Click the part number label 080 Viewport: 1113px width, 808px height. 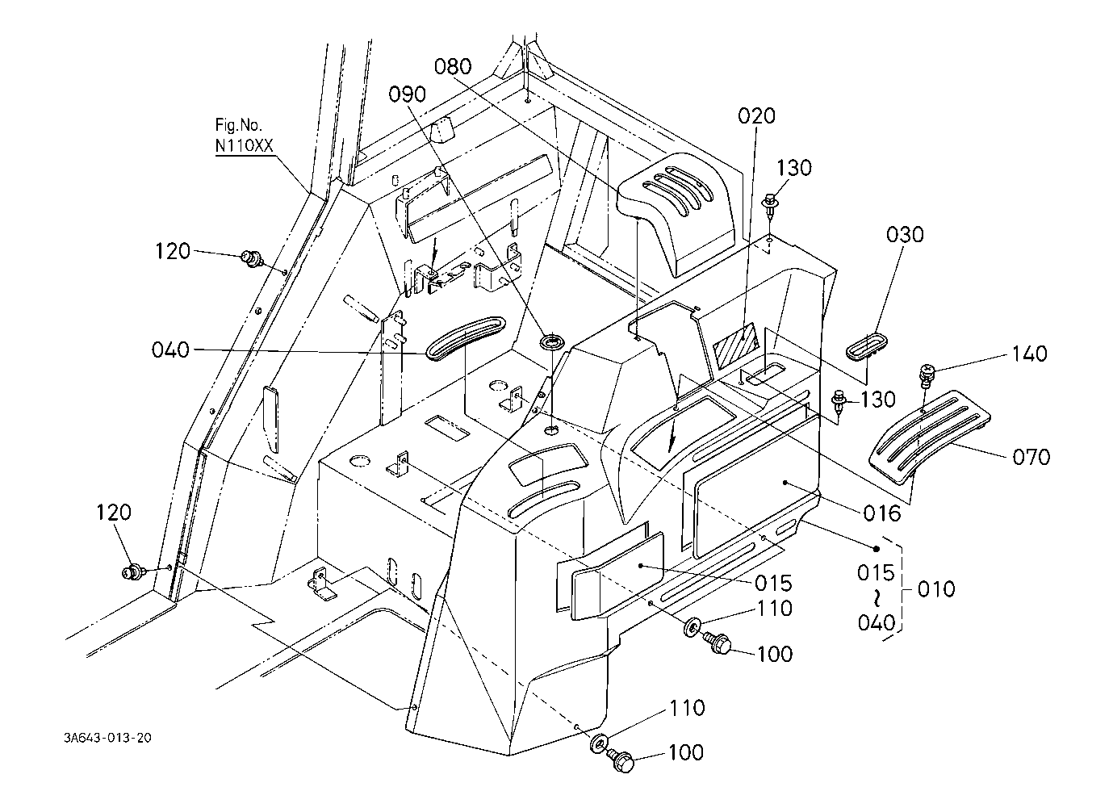[x=453, y=66]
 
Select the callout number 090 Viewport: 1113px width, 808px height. [x=407, y=94]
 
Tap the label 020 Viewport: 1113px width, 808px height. [x=756, y=115]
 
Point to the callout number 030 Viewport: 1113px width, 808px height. [x=905, y=235]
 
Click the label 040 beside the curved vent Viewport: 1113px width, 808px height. [x=170, y=350]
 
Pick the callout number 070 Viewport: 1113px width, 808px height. [x=1031, y=457]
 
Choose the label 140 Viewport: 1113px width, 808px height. [x=1029, y=354]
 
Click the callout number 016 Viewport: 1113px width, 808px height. [x=882, y=513]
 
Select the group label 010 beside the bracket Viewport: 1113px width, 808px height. [x=936, y=589]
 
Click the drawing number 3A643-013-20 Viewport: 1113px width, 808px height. [x=107, y=738]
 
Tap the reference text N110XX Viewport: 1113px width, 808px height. [x=244, y=145]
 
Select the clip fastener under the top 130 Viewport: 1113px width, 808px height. [x=770, y=205]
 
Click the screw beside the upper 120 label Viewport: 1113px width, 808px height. [x=252, y=258]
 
